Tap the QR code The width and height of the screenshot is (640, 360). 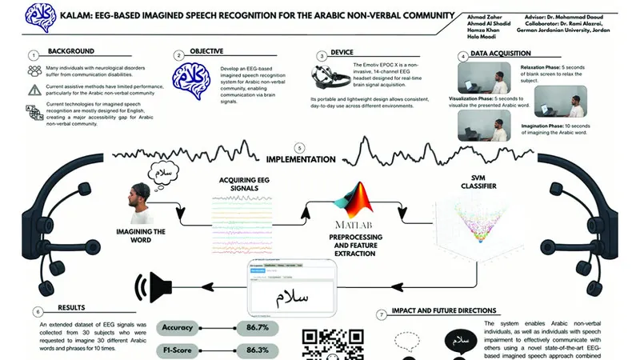(320, 344)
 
